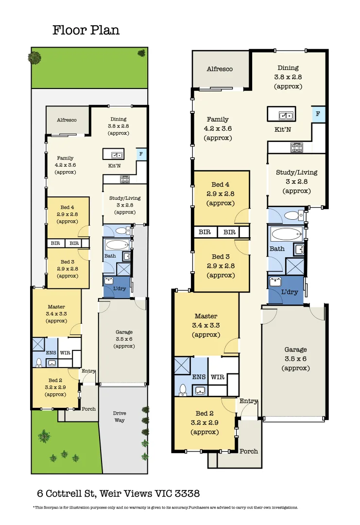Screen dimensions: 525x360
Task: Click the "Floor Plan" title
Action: tap(86, 30)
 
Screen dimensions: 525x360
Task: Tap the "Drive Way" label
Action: tap(120, 417)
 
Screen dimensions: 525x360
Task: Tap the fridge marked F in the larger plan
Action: tap(318, 114)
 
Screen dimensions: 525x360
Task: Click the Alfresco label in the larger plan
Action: tap(220, 69)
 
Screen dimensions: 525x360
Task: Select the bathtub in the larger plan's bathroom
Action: tap(287, 235)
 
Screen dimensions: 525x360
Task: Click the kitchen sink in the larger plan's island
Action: tap(285, 115)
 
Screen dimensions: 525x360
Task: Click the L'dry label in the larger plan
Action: tap(290, 292)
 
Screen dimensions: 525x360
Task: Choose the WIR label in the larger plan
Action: tap(218, 377)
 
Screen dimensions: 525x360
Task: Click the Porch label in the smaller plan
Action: tap(88, 409)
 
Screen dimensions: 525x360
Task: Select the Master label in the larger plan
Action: tap(206, 316)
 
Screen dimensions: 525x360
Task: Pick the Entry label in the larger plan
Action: tap(249, 401)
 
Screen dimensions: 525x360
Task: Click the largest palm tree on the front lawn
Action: tap(45, 436)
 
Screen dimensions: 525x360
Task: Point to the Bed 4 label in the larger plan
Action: tap(221, 184)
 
